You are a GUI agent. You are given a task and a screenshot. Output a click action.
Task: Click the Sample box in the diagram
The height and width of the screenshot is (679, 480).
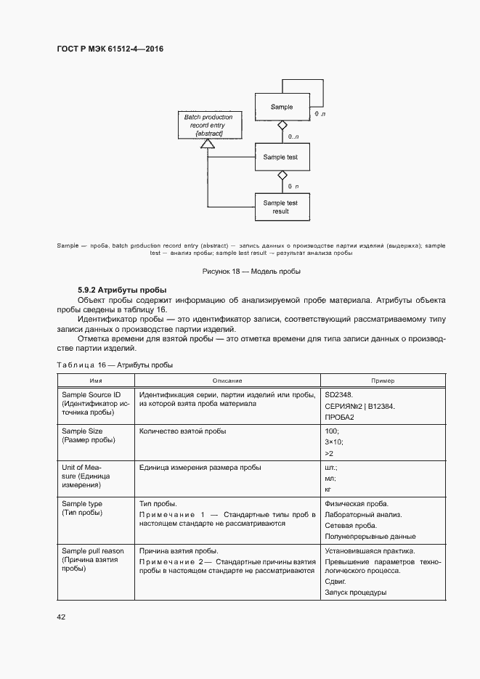281,107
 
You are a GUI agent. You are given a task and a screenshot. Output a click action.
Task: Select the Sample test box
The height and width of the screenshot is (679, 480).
280,157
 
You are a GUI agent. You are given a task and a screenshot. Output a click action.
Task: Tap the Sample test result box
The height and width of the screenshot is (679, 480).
280,207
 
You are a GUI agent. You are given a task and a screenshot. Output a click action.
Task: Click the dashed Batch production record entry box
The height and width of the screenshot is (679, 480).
209,126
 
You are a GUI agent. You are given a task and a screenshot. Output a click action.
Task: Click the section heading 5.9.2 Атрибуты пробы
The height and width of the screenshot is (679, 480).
123,290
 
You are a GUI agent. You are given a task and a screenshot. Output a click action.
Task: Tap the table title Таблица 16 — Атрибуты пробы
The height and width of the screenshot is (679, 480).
115,365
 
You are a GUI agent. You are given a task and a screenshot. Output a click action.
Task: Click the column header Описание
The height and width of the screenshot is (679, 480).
227,381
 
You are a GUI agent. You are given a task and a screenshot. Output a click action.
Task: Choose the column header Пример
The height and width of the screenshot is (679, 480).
383,381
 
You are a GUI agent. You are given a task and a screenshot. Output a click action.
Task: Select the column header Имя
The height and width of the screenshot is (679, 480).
94,381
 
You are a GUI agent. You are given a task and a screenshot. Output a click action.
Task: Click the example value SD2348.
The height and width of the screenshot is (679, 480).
339,394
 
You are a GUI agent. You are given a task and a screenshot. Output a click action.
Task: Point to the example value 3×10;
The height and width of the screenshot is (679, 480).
334,442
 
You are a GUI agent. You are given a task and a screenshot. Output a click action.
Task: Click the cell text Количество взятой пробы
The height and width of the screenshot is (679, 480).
182,431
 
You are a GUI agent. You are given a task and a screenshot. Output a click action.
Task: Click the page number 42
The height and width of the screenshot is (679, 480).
61,617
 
